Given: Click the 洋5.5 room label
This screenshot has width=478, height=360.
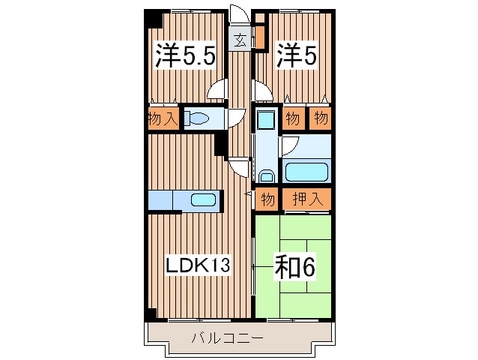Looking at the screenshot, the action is pos(186,55).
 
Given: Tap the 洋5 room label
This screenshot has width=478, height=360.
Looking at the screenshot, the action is pos(297,55).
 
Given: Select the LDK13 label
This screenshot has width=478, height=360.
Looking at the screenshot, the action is pos(198,265).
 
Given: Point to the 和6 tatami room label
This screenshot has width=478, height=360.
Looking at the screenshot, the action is pos(294,267).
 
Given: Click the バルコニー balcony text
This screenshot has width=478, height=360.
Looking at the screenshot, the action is pos(227,338).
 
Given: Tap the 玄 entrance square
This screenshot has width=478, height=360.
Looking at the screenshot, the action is pos(240,39).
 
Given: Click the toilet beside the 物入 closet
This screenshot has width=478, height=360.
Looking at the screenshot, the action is pos(197,118).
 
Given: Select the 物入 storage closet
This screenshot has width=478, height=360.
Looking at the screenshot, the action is pos(163,118).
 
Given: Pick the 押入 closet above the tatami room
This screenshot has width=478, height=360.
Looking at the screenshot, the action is pos(306,199).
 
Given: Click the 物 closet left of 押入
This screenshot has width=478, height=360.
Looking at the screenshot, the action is pos(267,199).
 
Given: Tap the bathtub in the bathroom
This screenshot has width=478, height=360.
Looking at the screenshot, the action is pos(306,172).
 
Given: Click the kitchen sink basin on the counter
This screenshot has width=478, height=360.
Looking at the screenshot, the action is pos(203,199).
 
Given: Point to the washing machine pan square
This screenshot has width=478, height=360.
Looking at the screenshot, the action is pos(266,119).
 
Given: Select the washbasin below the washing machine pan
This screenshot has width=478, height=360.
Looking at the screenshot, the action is pos(267,176).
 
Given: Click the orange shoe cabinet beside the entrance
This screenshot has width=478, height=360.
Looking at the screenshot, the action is pos(260,37).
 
